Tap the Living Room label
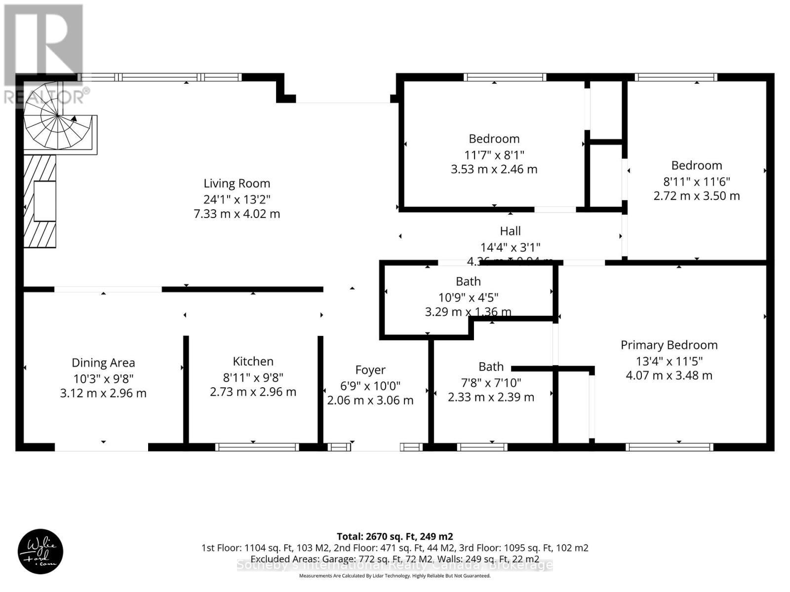tap(237, 184)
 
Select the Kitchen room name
tap(253, 362)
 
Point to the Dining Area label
tap(103, 363)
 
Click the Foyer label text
tap(370, 370)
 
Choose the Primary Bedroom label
tap(669, 345)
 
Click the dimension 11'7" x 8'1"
tap(494, 154)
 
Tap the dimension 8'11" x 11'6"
tap(696, 181)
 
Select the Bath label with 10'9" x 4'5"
tap(468, 282)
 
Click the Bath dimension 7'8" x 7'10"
tap(491, 382)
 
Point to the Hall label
tap(510, 231)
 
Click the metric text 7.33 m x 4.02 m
tap(237, 214)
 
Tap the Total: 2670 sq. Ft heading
tap(395, 536)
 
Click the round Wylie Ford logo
tap(40, 551)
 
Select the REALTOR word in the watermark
tap(44, 97)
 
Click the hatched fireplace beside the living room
tap(40, 201)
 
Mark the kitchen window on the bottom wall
tap(257, 447)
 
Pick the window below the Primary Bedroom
tap(669, 447)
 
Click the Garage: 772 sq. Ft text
tap(351, 559)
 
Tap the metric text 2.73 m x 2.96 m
tap(253, 392)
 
